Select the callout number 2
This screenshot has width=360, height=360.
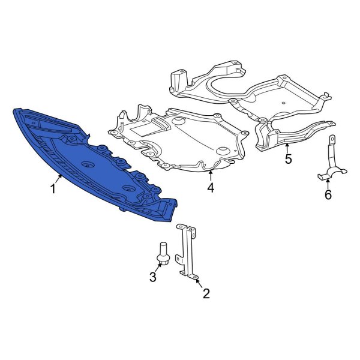(206, 293)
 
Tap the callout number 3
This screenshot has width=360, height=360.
(153, 277)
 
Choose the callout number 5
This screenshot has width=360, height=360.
(287, 159)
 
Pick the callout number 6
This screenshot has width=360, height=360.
(328, 194)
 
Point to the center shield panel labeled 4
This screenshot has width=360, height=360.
(180, 141)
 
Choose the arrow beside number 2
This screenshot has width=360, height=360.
(198, 283)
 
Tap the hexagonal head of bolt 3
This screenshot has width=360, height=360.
(163, 259)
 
